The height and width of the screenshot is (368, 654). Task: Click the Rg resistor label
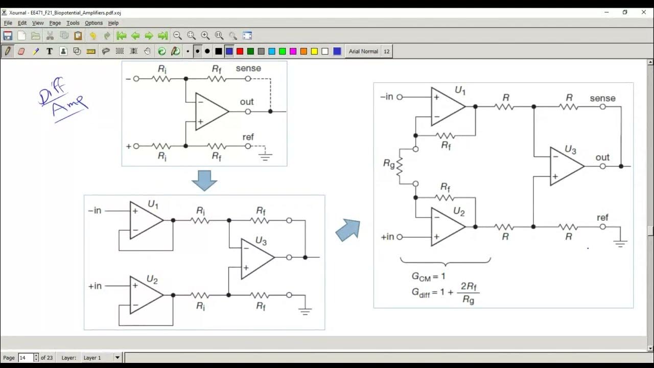click(389, 164)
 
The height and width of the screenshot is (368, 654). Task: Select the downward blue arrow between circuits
click(204, 180)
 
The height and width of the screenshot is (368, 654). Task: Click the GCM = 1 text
click(429, 277)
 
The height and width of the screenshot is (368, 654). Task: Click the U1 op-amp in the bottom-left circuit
click(146, 220)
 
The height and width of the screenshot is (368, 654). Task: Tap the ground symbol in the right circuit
click(620, 244)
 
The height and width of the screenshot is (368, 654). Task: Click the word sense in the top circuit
click(248, 68)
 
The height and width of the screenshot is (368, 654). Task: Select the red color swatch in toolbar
click(240, 51)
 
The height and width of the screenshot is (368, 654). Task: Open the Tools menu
click(73, 23)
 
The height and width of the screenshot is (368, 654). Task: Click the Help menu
click(113, 23)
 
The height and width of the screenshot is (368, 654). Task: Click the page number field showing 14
click(26, 358)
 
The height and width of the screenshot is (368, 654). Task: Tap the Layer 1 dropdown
click(102, 358)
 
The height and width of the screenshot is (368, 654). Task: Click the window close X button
click(644, 12)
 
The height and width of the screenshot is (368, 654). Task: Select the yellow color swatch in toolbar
click(314, 51)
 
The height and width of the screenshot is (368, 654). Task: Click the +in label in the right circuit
click(387, 237)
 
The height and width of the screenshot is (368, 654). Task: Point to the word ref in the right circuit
click(603, 218)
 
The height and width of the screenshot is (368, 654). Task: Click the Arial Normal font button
click(363, 51)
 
